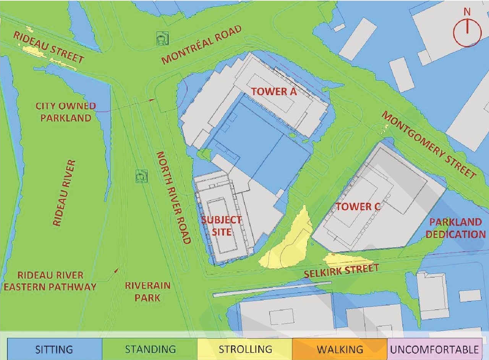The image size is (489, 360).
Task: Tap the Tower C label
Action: tap(358, 207)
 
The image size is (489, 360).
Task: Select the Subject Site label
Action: tap(222, 226)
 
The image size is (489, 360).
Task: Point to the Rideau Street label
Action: tap(49, 47)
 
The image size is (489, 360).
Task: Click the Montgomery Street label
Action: tap(429, 145)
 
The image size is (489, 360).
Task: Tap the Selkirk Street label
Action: tap(341, 271)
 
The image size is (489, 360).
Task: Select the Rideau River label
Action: tap(64, 193)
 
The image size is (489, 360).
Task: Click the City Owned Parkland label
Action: tap(65, 112)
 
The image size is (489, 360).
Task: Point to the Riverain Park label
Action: tap(148, 291)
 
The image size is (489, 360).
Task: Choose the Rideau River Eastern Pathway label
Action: tap(50, 281)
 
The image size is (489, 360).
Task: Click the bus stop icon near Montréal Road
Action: tap(161, 39)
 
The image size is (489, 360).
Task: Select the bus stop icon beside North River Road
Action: tap(140, 177)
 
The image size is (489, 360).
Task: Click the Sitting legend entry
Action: tap(54, 349)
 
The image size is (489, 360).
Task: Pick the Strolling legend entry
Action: tap(245, 349)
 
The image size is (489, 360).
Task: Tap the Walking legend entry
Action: tap(340, 349)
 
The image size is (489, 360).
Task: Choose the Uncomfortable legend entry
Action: tap(434, 349)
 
